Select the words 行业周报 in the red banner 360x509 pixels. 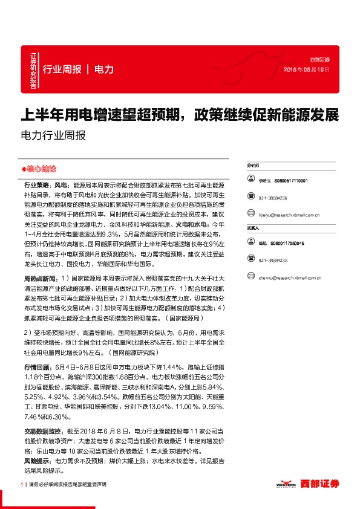(x=62, y=70)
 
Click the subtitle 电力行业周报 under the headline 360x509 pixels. (x=53, y=135)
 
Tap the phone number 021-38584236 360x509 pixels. (x=273, y=198)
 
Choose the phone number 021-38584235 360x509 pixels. (x=273, y=261)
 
